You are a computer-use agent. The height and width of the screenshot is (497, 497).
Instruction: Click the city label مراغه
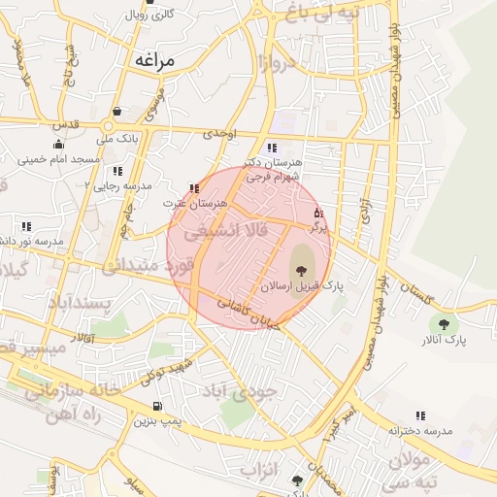point(153,61)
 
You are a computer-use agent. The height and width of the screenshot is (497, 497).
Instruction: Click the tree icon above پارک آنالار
point(445,324)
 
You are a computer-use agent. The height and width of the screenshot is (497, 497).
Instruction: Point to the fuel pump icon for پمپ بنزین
point(156,406)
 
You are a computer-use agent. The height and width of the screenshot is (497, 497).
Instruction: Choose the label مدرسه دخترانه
point(420,429)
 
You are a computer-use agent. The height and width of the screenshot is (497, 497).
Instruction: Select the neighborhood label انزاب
point(259,471)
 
